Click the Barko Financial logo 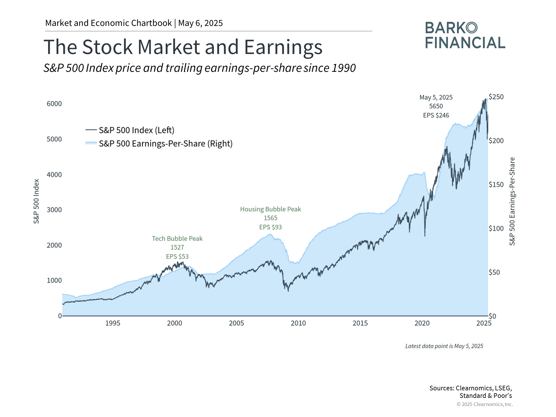[465, 35]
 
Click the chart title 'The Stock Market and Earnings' [183, 47]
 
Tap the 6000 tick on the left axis [54, 104]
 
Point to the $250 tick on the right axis [496, 97]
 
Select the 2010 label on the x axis [298, 323]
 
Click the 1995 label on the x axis [113, 323]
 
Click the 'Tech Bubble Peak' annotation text [177, 239]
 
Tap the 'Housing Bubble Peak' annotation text [270, 209]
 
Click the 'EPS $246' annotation [436, 115]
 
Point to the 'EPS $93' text [270, 227]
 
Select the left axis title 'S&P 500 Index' [36, 201]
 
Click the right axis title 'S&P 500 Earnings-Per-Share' [512, 201]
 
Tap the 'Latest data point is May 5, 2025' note [444, 346]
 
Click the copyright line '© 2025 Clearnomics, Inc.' [484, 404]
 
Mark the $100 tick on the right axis [496, 228]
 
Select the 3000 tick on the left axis [54, 210]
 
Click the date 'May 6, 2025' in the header [200, 23]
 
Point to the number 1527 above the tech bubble [177, 247]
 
